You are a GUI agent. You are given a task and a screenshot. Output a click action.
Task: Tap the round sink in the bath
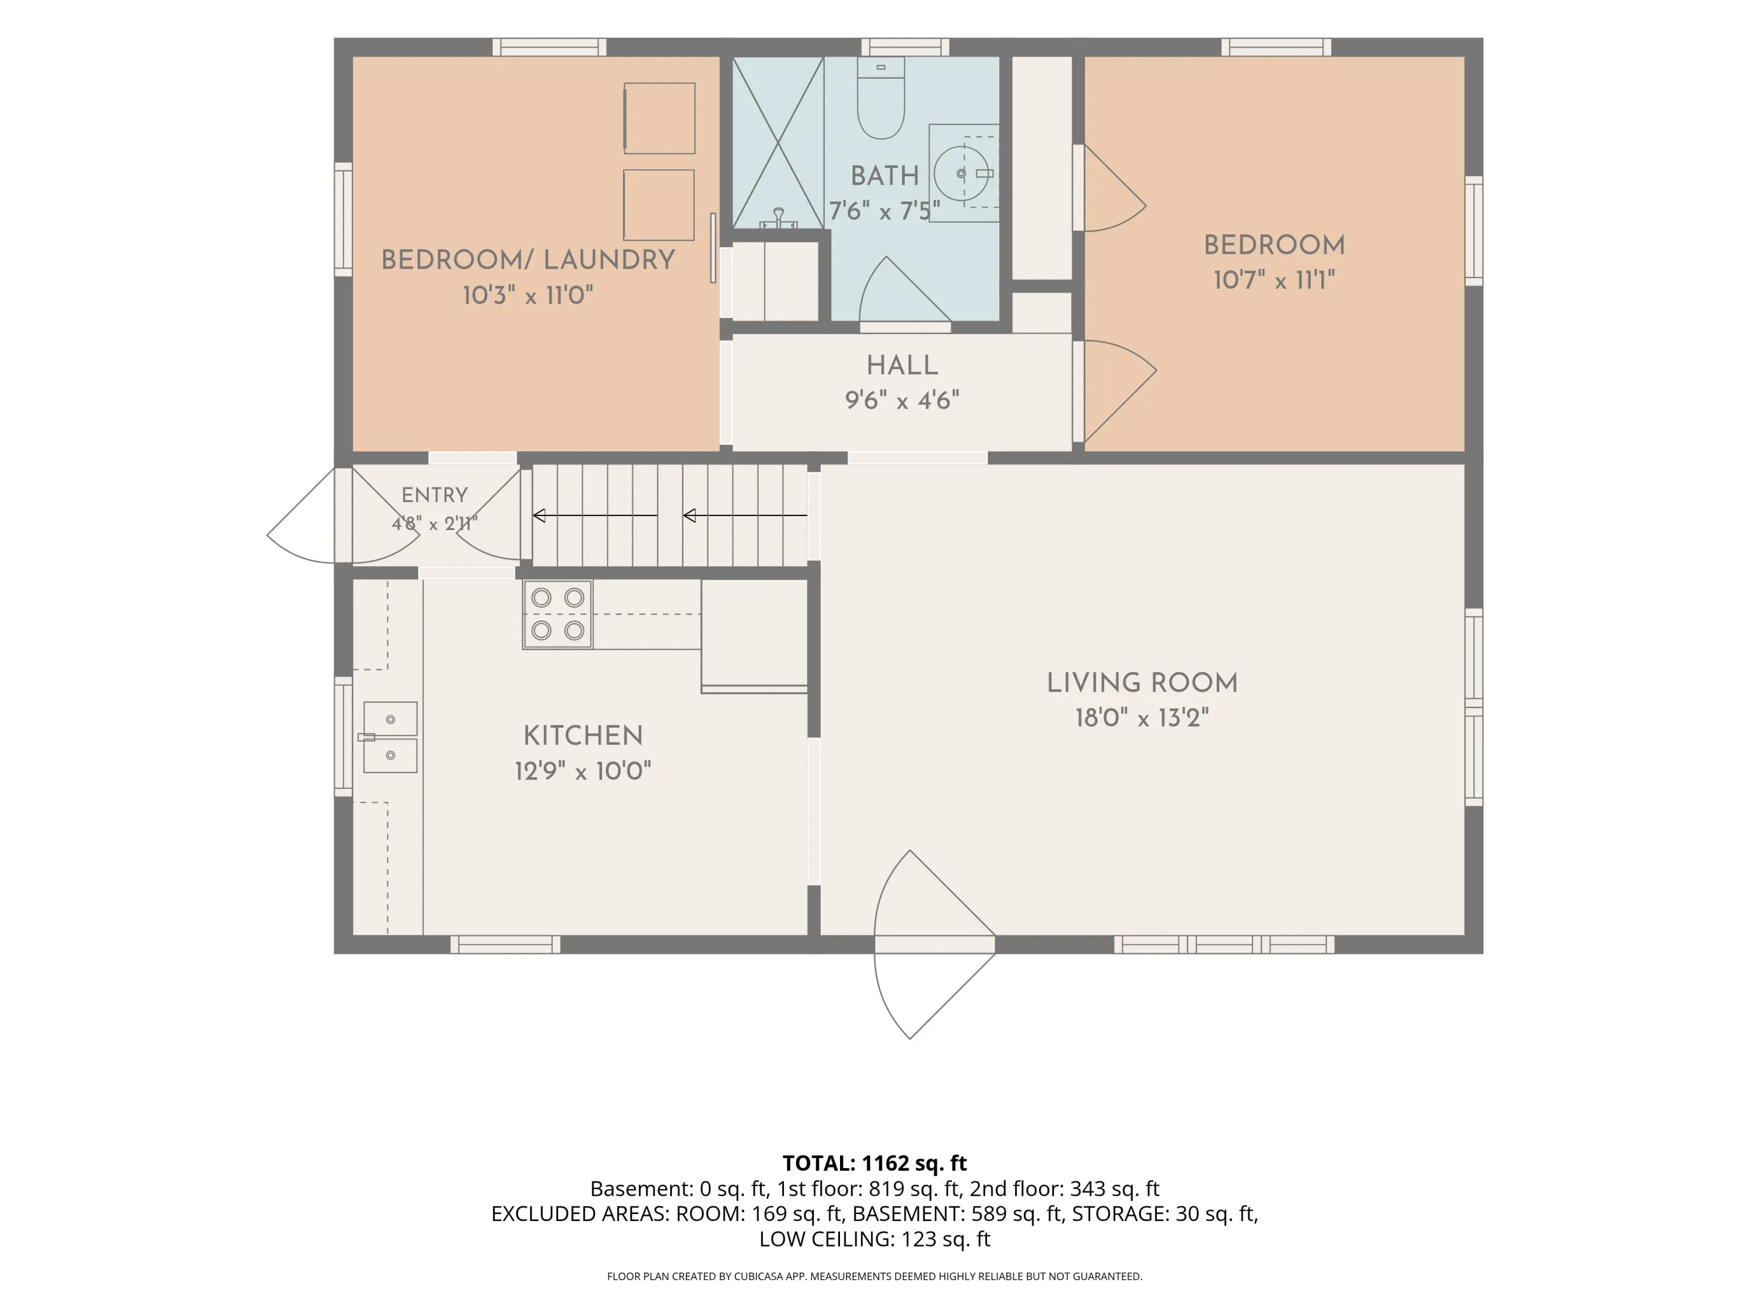tap(961, 173)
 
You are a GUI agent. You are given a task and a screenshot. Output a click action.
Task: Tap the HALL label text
tap(902, 366)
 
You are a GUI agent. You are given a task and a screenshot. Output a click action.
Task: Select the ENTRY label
tap(435, 495)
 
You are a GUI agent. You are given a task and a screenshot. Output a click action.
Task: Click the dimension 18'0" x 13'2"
tap(1142, 718)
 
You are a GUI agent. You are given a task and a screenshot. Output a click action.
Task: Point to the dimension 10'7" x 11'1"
tap(1274, 280)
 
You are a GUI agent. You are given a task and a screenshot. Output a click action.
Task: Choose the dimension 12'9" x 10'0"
tap(583, 771)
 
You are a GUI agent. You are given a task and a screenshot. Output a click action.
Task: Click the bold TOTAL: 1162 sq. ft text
tap(874, 1163)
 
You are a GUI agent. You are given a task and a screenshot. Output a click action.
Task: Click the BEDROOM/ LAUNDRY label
tap(528, 260)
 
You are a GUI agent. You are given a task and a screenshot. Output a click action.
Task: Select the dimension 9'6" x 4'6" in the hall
tap(902, 400)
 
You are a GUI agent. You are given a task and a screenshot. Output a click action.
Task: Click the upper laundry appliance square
tap(659, 118)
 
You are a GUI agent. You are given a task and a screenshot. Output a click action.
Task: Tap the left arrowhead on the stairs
tap(539, 515)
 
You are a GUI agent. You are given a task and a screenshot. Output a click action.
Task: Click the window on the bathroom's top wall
tap(905, 47)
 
